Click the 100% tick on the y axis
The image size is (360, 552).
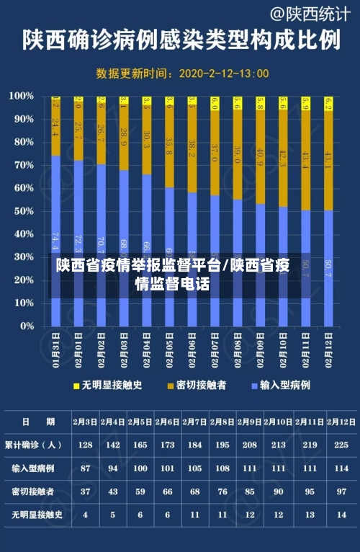click(x=22, y=96)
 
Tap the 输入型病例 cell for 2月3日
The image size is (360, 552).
click(x=86, y=468)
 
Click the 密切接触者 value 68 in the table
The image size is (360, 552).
click(x=194, y=491)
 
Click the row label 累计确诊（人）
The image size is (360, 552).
click(x=36, y=445)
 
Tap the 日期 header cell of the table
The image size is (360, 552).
click(x=36, y=422)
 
